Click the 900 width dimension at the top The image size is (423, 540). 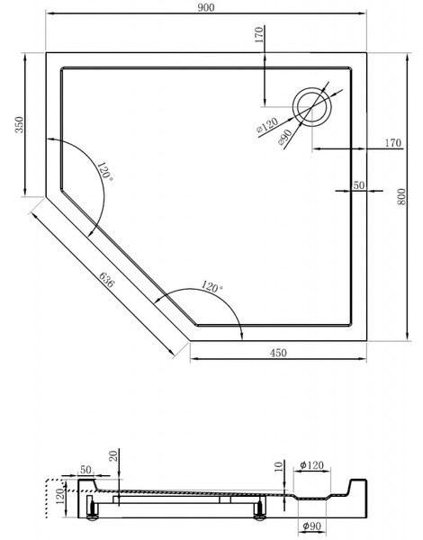[x=206, y=7]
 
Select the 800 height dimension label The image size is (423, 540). [x=401, y=197]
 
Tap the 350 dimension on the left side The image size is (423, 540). [x=20, y=125]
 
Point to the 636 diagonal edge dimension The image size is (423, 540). [x=106, y=280]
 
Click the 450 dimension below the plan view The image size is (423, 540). [x=278, y=353]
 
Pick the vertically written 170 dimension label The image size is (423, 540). [x=259, y=34]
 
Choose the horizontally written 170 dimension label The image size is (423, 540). [x=393, y=142]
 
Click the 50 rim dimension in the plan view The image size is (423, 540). [x=358, y=185]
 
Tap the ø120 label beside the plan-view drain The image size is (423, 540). [x=267, y=125]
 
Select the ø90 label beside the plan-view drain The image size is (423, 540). [x=285, y=138]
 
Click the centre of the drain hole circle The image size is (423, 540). [x=312, y=107]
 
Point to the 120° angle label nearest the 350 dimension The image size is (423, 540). [x=105, y=171]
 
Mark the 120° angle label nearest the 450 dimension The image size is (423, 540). [x=211, y=287]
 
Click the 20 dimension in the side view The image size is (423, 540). [x=113, y=456]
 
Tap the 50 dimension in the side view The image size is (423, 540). [x=86, y=469]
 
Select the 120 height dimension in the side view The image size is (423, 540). [x=60, y=496]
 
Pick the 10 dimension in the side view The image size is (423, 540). [x=279, y=466]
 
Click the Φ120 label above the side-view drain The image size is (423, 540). [x=311, y=465]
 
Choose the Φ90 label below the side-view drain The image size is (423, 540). [x=311, y=526]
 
